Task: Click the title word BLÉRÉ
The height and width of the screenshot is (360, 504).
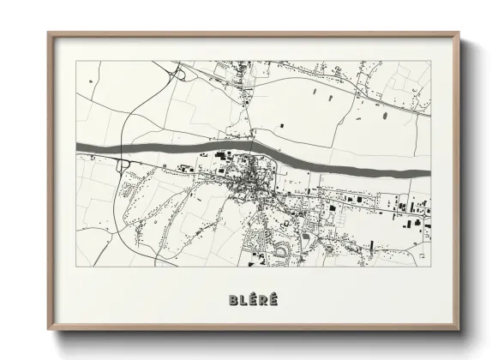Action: click(253, 300)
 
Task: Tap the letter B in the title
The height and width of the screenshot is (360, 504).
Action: click(233, 300)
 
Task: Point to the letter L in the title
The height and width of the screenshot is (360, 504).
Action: click(243, 300)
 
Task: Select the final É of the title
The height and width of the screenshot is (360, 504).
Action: click(273, 300)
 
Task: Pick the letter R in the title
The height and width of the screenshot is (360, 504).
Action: click(263, 300)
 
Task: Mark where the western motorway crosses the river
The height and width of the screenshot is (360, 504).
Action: click(123, 151)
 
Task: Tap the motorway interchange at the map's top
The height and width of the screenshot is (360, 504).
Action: click(178, 75)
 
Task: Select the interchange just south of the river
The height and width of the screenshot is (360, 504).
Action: click(123, 165)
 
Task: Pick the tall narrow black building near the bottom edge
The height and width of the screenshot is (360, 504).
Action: click(371, 247)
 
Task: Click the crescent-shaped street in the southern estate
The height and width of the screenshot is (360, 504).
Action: click(279, 249)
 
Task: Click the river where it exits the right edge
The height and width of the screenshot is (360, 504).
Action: click(426, 173)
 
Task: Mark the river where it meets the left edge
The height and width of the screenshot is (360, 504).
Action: click(79, 147)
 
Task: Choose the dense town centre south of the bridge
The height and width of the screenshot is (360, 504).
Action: click(250, 180)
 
